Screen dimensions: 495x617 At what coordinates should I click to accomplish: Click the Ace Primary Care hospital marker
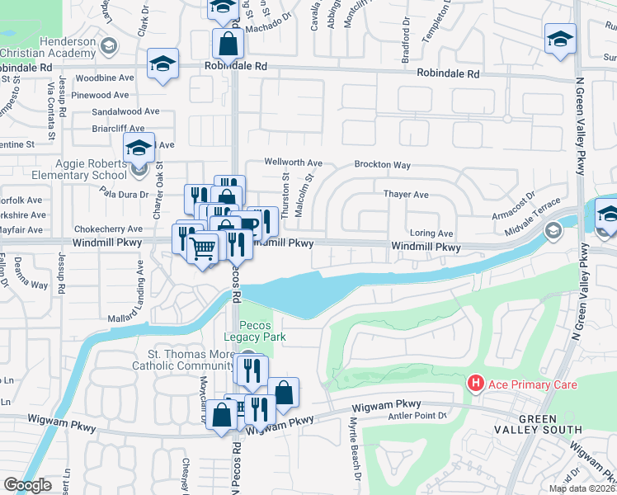475,384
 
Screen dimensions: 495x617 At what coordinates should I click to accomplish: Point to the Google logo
26,485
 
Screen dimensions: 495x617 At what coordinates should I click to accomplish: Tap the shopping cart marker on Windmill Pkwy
202,246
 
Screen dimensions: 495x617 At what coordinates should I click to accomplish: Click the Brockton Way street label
382,165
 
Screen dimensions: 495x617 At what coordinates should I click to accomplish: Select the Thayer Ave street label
406,195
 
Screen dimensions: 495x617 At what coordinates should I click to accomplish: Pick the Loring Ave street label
431,234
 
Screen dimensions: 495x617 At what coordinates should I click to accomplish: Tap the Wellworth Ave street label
293,163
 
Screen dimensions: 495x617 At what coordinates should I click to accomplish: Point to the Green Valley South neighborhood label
537,425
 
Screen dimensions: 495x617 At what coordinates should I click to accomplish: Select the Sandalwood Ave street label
125,111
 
